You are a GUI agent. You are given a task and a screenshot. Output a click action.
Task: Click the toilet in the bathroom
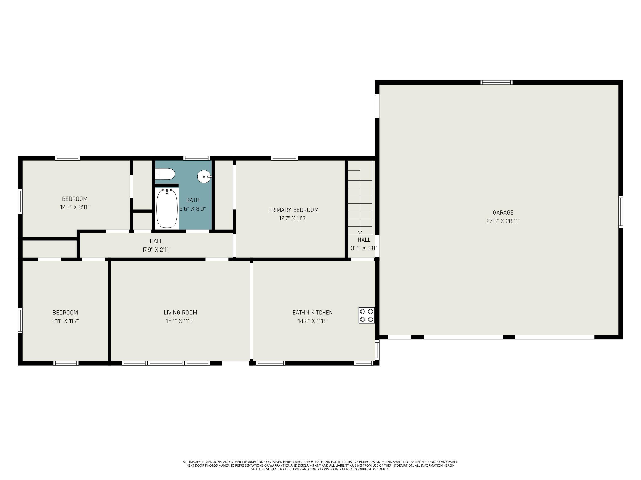pyautogui.click(x=165, y=174)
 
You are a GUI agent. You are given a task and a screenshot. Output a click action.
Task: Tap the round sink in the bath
pyautogui.click(x=204, y=176)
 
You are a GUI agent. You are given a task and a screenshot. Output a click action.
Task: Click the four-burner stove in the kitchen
pyautogui.click(x=366, y=315)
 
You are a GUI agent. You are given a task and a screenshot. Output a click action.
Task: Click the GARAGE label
pyautogui.click(x=503, y=212)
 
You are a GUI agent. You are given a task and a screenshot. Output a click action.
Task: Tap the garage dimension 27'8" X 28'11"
pyautogui.click(x=503, y=221)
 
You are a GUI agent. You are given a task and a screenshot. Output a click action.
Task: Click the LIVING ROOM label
pyautogui.click(x=180, y=313)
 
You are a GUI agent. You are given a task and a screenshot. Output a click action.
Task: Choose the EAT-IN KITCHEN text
pyautogui.click(x=312, y=313)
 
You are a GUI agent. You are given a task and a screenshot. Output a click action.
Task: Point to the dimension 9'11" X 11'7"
pyautogui.click(x=65, y=321)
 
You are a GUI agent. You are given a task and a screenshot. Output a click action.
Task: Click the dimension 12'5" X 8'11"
pyautogui.click(x=75, y=207)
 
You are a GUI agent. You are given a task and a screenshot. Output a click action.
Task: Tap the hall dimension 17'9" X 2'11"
pyautogui.click(x=156, y=249)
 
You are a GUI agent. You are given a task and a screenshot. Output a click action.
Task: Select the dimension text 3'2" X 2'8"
pyautogui.click(x=364, y=248)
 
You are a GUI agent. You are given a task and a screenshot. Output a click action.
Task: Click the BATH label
pyautogui.click(x=193, y=200)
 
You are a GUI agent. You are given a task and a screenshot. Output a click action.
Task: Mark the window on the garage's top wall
pyautogui.click(x=496, y=83)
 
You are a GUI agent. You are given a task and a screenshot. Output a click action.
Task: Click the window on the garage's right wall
pyautogui.click(x=620, y=211)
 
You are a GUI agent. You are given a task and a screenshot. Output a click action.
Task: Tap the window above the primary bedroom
pyautogui.click(x=284, y=158)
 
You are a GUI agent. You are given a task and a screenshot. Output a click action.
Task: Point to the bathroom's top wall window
pyautogui.click(x=197, y=158)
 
